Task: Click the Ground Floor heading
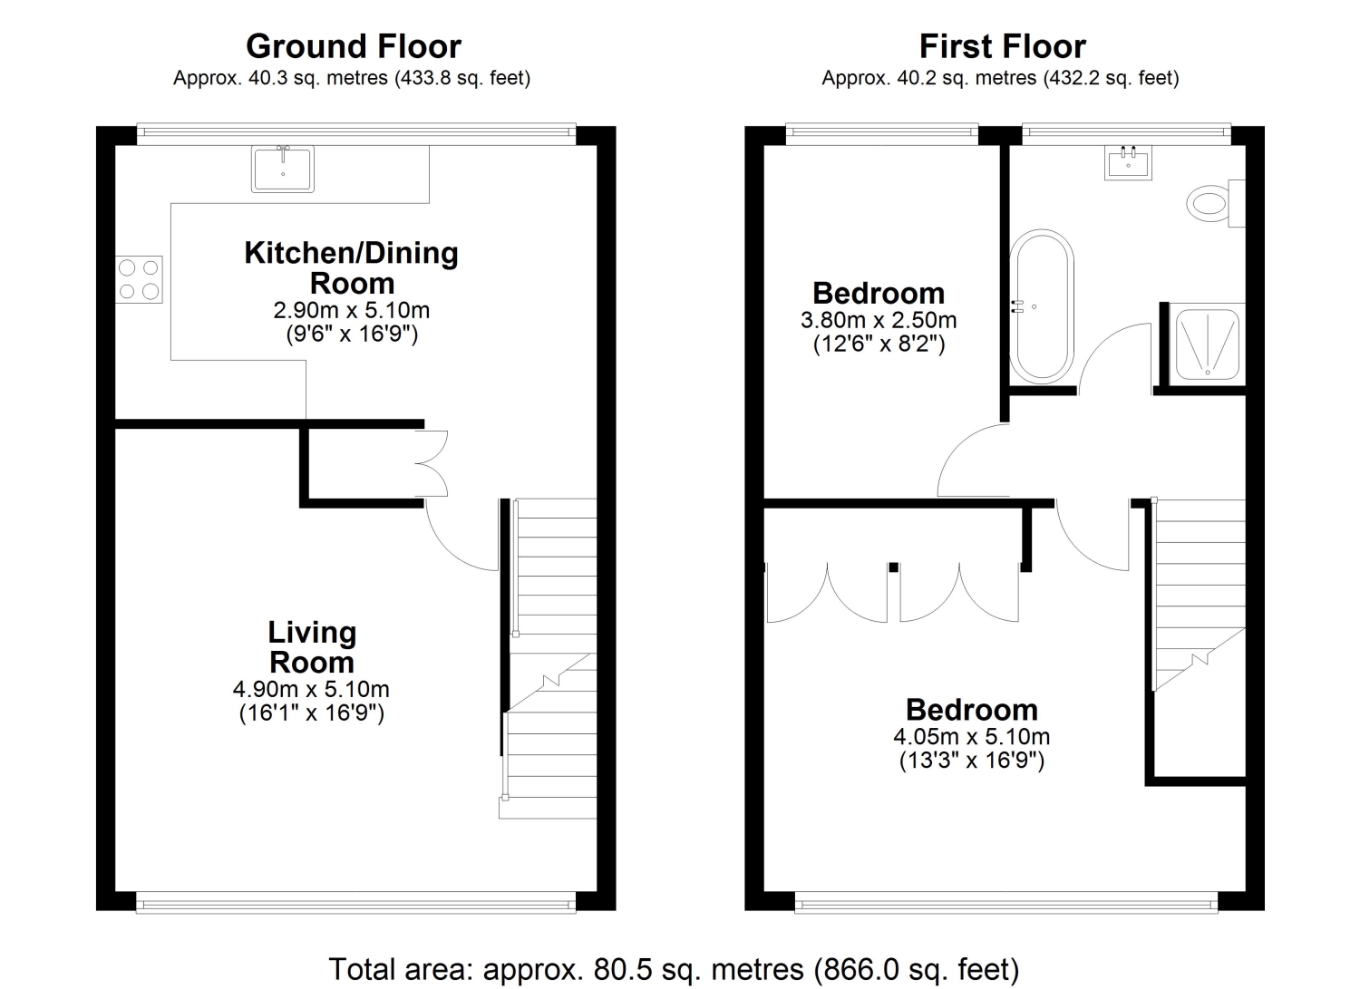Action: coord(354,47)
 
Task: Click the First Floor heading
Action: coord(1003,47)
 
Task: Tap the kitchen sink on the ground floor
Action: coord(283,169)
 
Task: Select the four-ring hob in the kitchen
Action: coord(139,279)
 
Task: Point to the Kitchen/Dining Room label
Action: coord(352,267)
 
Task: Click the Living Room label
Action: coord(312,647)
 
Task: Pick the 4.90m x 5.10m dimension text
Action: coord(312,688)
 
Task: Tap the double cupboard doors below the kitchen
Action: coord(432,464)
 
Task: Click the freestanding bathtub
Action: coord(1042,306)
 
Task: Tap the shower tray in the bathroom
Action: coord(1208,344)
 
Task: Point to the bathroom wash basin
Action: coord(1128,162)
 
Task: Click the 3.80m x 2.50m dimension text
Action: coord(879,320)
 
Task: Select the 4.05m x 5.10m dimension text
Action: coord(971,736)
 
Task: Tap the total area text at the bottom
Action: coord(674,969)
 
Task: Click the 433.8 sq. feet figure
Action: coord(462,78)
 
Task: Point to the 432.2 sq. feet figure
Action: coord(1111,78)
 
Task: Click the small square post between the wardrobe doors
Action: coord(893,567)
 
